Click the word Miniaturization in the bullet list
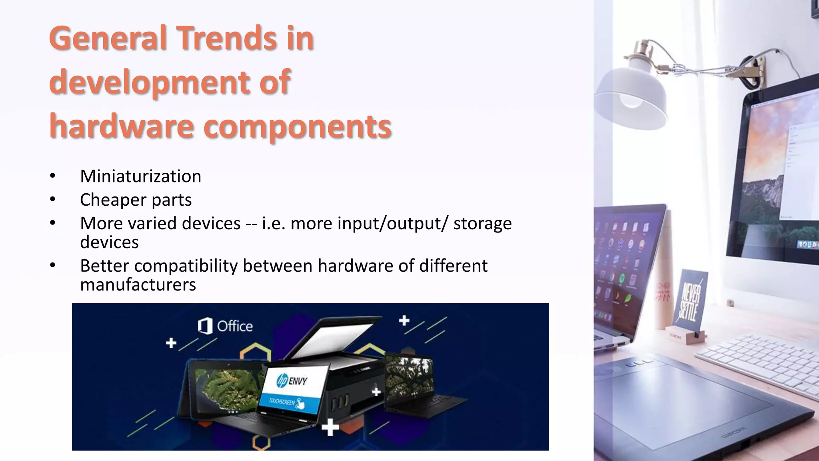pyautogui.click(x=140, y=176)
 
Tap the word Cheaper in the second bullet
pyautogui.click(x=113, y=200)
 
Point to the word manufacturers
pyautogui.click(x=138, y=285)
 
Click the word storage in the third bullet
pyautogui.click(x=482, y=223)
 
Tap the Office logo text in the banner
pyautogui.click(x=234, y=326)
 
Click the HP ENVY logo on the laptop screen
pyautogui.click(x=292, y=380)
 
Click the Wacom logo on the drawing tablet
pyautogui.click(x=733, y=433)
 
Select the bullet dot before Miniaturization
pyautogui.click(x=53, y=176)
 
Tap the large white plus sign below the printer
pyautogui.click(x=330, y=427)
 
